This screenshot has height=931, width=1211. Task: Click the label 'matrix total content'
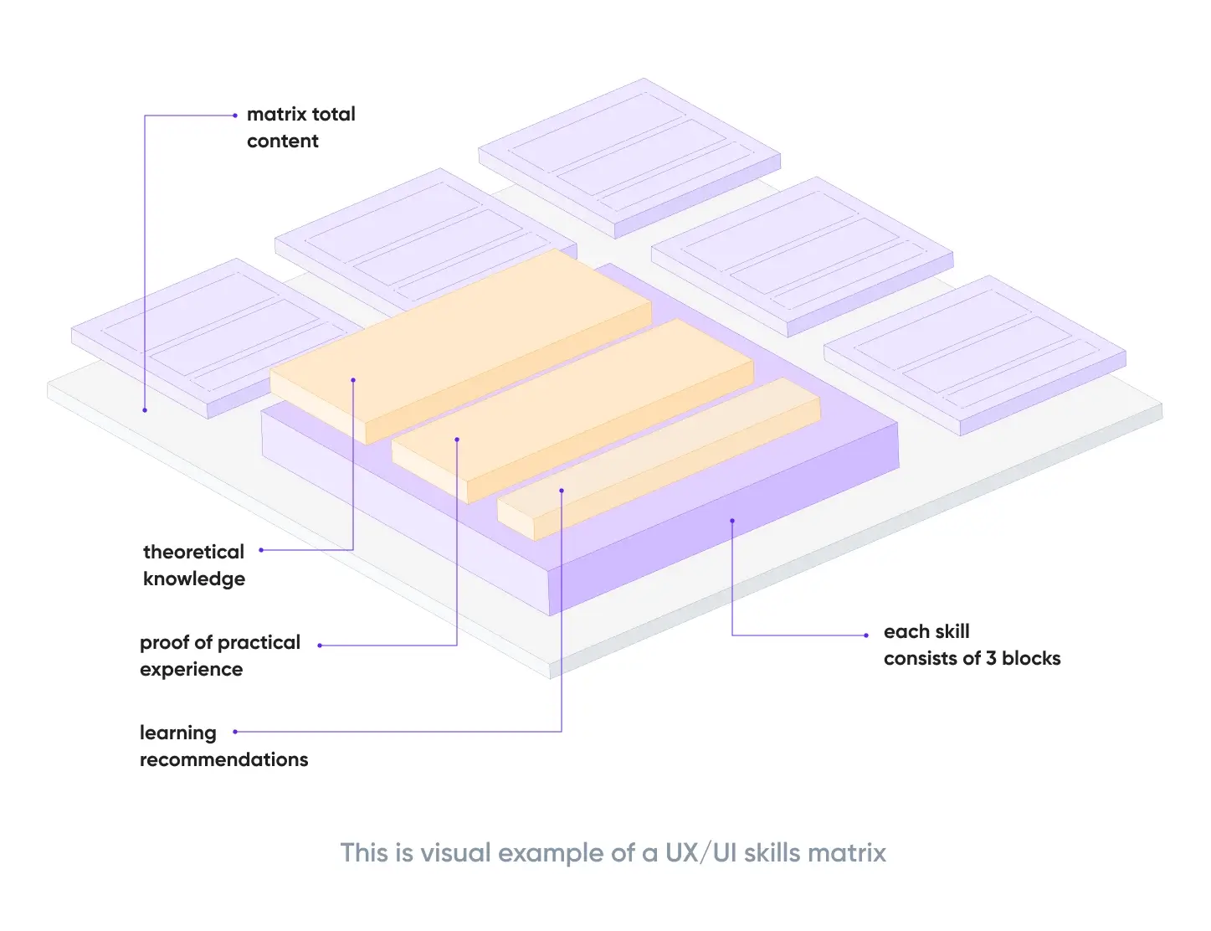[x=300, y=127]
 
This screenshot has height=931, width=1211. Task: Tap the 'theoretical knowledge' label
[x=194, y=565]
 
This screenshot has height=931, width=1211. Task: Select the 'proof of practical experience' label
[x=219, y=656]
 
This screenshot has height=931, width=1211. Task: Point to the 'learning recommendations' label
[x=223, y=746]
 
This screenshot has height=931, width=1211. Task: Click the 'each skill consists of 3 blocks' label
[x=971, y=645]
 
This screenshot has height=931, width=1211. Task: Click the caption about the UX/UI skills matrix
[x=613, y=853]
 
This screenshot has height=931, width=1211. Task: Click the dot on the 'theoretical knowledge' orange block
[x=353, y=380]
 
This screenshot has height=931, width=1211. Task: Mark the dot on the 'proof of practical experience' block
[x=457, y=439]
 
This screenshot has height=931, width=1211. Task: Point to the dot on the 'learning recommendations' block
[x=562, y=491]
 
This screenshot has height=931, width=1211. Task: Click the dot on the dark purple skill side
[x=732, y=521]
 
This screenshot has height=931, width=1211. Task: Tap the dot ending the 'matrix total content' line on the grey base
[x=145, y=410]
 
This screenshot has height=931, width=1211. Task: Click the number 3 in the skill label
[x=991, y=659]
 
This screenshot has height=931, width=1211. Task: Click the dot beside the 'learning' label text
[x=235, y=732]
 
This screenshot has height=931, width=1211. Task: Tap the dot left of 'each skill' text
[x=866, y=635]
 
